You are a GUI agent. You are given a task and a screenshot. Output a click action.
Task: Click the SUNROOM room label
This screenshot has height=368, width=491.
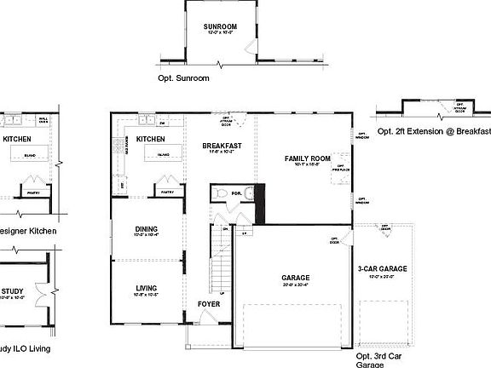tap(220, 27)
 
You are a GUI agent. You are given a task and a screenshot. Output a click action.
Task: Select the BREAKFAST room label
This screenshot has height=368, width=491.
tap(222, 146)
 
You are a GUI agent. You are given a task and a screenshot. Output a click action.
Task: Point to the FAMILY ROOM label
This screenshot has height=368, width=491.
tap(307, 159)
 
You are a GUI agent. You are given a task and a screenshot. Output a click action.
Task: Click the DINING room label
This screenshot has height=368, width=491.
tap(147, 228)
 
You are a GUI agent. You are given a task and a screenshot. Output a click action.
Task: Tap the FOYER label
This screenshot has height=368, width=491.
tap(208, 303)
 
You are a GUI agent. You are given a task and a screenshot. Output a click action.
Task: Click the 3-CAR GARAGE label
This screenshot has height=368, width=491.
tap(382, 269)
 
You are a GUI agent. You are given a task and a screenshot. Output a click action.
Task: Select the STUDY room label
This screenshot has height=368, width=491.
tap(13, 290)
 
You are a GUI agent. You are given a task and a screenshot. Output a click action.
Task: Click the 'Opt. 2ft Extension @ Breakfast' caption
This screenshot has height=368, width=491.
tap(434, 131)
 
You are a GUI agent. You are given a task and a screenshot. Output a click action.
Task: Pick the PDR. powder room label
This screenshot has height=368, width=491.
tap(236, 193)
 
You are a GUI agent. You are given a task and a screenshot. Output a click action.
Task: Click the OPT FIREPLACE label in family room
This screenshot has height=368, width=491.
tap(338, 167)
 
